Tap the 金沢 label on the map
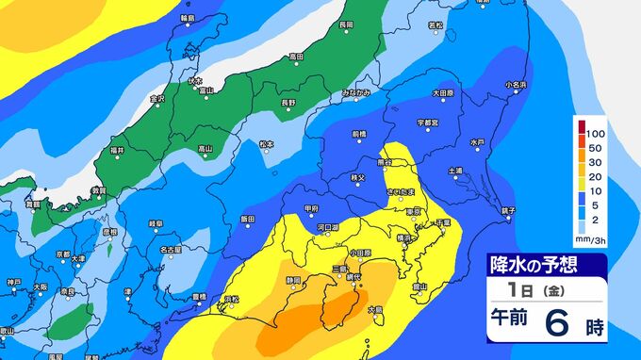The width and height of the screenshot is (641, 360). (x=157, y=98)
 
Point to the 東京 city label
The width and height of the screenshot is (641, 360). (x=413, y=212)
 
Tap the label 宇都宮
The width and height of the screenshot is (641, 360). (x=428, y=123)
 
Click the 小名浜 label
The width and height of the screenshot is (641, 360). (x=516, y=85)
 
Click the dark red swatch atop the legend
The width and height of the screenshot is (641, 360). (x=583, y=124)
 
